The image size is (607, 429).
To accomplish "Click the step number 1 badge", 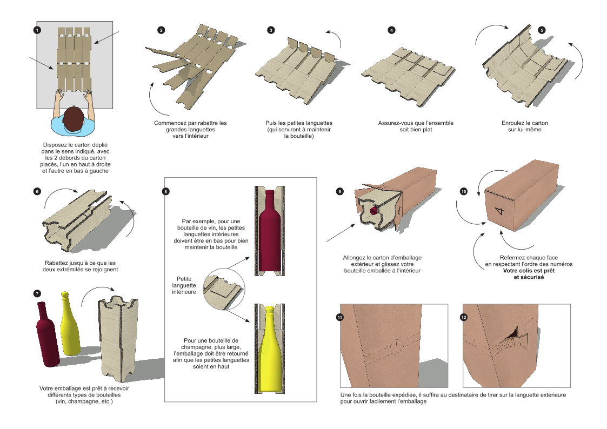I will [37, 30].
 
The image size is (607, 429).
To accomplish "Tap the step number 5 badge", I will [542, 30].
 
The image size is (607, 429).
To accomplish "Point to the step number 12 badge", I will [463, 317].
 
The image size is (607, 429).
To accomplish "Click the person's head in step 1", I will [73, 118].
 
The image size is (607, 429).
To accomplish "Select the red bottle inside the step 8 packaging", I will [269, 232].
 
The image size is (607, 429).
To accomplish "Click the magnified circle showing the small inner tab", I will [223, 287].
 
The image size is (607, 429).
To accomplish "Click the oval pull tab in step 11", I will [397, 346].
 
